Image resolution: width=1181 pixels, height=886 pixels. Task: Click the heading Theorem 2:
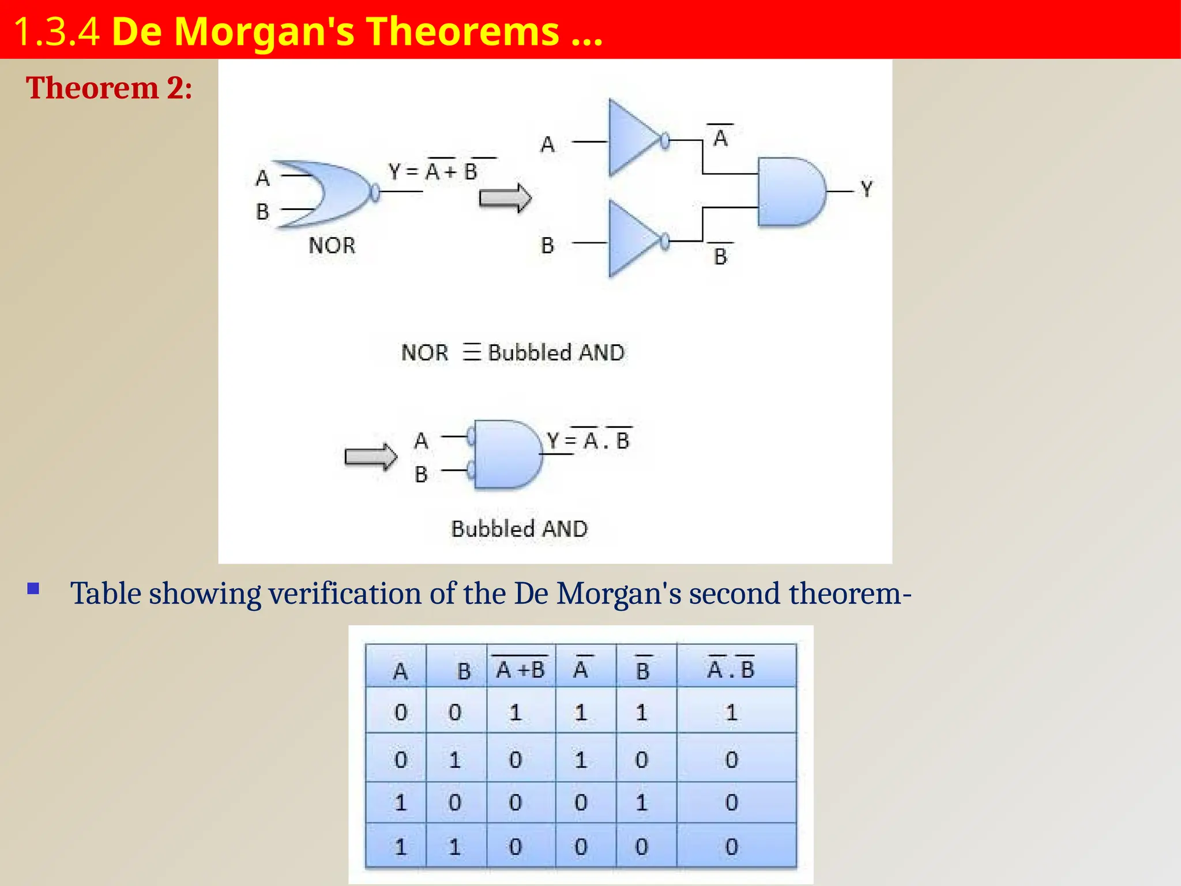tap(109, 88)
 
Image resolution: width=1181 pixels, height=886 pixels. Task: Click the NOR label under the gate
tap(332, 246)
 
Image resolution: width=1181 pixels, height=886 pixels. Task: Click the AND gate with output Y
tap(789, 192)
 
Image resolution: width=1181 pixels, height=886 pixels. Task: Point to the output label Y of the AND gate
tap(866, 189)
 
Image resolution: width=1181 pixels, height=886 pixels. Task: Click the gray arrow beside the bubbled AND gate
tap(370, 457)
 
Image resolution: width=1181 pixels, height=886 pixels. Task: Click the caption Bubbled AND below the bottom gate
tap(519, 529)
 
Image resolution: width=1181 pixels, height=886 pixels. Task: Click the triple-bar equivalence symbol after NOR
tap(471, 352)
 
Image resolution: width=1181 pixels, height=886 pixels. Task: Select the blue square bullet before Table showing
tap(33, 589)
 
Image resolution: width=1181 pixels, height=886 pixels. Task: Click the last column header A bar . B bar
tap(731, 669)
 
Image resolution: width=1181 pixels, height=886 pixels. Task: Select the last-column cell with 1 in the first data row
tap(731, 713)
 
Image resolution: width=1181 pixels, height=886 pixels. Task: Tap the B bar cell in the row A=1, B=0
tap(641, 802)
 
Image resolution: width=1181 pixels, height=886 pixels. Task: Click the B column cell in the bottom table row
tap(454, 847)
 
